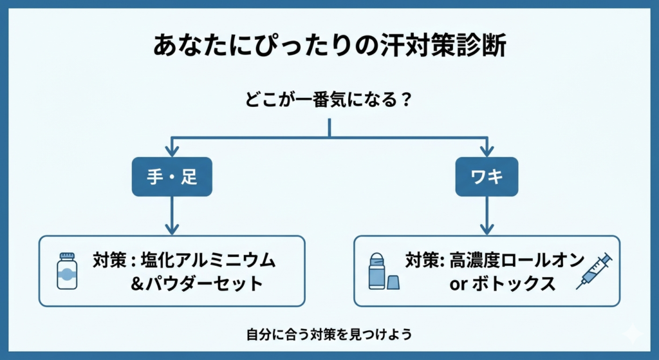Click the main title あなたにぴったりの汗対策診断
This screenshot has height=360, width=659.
click(x=329, y=47)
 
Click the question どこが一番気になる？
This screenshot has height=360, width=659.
click(x=329, y=100)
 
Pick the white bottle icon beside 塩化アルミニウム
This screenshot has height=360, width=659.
click(x=66, y=272)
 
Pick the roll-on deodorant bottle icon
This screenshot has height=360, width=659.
click(x=377, y=271)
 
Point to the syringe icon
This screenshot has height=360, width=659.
click(x=593, y=270)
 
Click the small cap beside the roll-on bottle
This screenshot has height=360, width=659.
click(x=393, y=281)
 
